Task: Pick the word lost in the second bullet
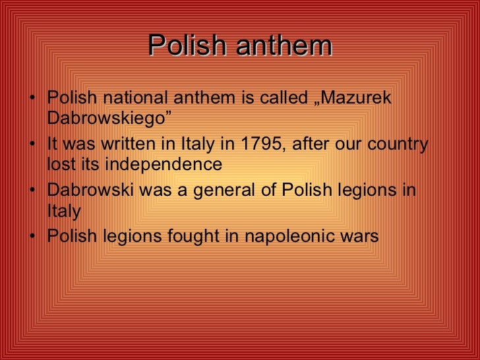pyautogui.click(x=60, y=164)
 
